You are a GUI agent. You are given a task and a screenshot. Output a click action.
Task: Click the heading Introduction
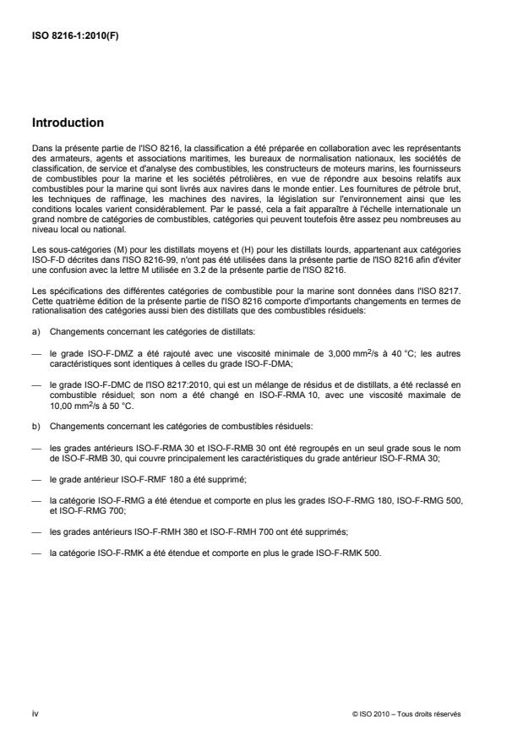click(67, 123)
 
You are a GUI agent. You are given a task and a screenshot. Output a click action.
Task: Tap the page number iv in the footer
click(35, 714)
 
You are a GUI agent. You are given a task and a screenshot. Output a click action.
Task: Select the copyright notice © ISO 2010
click(373, 714)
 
